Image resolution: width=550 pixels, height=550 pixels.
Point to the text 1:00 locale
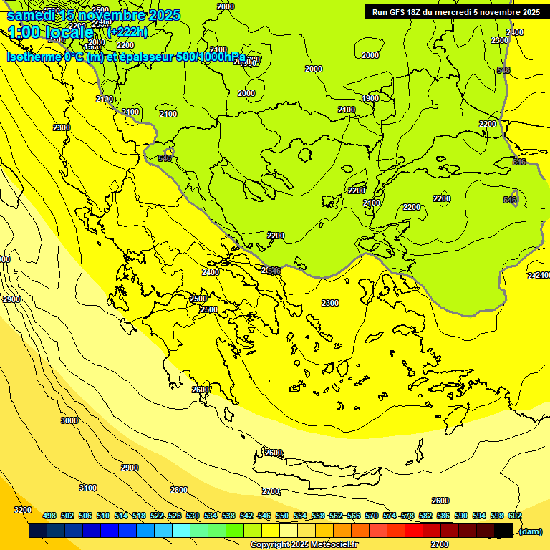tap(51, 32)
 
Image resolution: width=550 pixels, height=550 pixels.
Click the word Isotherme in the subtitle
tap(33, 57)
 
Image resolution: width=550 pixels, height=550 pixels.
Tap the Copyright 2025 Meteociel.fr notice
tap(304, 544)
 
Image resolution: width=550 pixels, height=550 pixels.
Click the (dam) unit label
tap(530, 531)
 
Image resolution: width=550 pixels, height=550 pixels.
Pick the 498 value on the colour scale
tap(49, 516)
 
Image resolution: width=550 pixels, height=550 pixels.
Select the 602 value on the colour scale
tap(515, 516)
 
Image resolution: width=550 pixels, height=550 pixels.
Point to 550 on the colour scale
tap(282, 516)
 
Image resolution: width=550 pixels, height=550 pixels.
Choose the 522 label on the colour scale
tap(157, 516)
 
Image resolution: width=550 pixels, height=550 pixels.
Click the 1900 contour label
tap(370, 99)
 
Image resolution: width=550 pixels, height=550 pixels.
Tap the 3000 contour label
tap(69, 420)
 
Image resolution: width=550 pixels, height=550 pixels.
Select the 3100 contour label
tap(87, 488)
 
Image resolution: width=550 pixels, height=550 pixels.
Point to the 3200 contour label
tap(23, 510)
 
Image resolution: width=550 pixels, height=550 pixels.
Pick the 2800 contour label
tap(179, 490)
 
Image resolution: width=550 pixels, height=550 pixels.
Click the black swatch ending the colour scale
tap(503, 531)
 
